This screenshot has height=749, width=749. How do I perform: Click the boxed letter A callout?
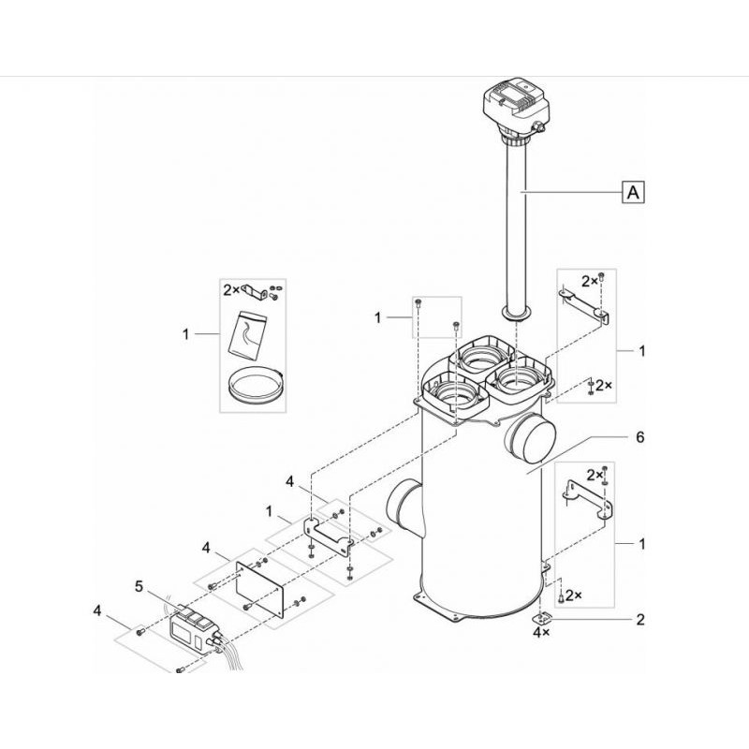633,193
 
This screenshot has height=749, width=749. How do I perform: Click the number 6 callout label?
639,437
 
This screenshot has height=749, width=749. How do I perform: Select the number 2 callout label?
640,620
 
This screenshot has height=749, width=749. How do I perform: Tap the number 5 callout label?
139,586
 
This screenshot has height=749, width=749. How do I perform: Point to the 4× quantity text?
541,633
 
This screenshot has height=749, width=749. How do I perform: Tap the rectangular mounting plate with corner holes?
260,590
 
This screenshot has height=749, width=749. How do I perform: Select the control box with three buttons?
195,629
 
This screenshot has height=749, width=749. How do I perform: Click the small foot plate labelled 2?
541,619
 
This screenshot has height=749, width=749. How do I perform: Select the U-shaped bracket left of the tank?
330,536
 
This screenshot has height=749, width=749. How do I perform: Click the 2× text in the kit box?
231,289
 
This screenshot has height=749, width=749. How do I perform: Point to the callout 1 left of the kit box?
185,334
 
